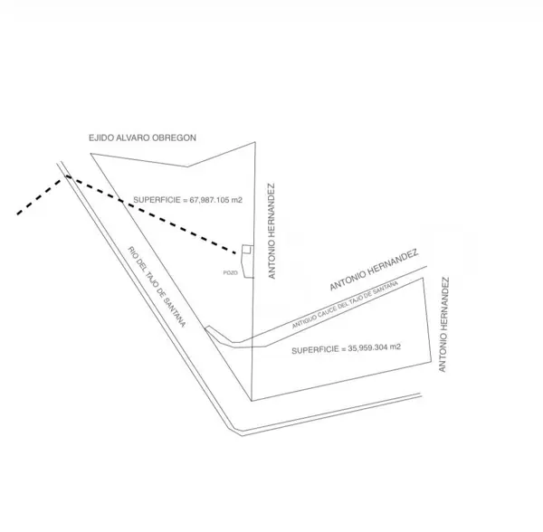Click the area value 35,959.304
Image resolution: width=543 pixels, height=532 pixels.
coord(367,347)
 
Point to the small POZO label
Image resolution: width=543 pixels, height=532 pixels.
coord(231,272)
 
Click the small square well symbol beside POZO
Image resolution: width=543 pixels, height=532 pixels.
coord(248,249)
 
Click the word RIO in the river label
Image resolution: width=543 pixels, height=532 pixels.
coord(132,252)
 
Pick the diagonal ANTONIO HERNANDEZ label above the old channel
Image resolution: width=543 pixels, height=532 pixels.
coord(374,270)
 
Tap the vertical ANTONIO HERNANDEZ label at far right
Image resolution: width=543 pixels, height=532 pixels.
coord(443,324)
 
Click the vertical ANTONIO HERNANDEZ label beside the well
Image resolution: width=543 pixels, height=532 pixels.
coord(271,231)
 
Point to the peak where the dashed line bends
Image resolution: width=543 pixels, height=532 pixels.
coord(66,176)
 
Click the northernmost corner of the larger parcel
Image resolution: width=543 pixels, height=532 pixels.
coord(255,142)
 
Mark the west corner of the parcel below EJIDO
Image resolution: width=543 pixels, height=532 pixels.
coord(90,153)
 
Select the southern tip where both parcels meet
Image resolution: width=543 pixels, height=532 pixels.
coord(252,401)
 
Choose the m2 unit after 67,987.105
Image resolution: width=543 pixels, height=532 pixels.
coord(237,200)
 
